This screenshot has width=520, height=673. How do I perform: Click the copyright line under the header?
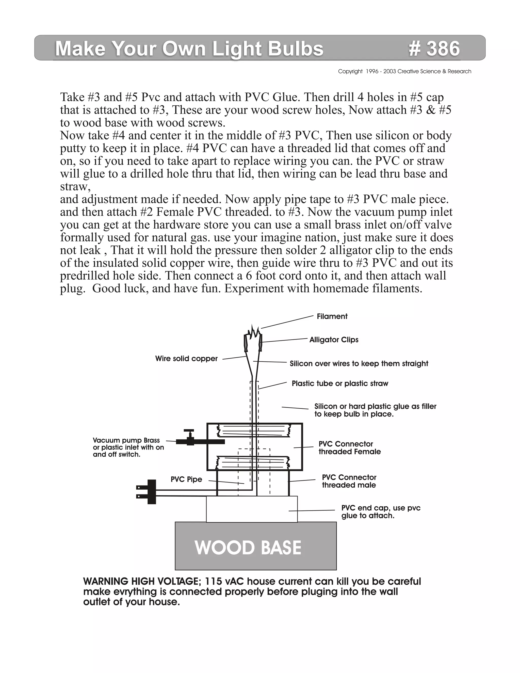coord(404,72)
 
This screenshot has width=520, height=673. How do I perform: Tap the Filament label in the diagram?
coord(332,316)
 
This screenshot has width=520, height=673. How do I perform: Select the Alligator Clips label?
coord(334,340)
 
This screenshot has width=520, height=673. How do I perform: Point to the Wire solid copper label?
coord(186,359)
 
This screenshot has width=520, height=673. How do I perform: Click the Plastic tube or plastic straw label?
coord(340,384)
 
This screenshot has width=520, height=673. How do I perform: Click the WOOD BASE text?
coord(248,548)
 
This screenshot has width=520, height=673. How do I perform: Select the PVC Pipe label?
coord(186,479)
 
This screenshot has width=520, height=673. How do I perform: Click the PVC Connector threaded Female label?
coord(349,448)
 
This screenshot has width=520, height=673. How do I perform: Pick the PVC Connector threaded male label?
coord(349,481)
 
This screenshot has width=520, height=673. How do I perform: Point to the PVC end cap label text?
coord(381,511)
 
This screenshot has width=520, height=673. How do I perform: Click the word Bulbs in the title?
coord(296,49)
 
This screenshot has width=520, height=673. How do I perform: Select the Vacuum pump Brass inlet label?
coord(128,447)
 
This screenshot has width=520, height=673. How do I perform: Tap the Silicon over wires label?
coord(359,364)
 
